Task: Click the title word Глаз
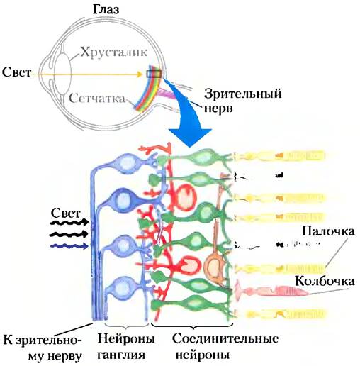pyautogui.click(x=106, y=10)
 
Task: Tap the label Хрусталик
pyautogui.click(x=114, y=52)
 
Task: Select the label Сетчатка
pyautogui.click(x=97, y=98)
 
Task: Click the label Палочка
pyautogui.click(x=328, y=231)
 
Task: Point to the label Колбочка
pyautogui.click(x=325, y=281)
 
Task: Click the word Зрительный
pyautogui.click(x=243, y=94)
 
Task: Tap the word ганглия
pyautogui.click(x=121, y=355)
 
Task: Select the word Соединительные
pyautogui.click(x=225, y=338)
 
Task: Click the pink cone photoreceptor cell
pyautogui.click(x=271, y=291)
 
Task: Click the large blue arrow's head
pyautogui.click(x=190, y=137)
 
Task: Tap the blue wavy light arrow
pyautogui.click(x=69, y=246)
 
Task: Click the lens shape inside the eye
pyautogui.click(x=62, y=74)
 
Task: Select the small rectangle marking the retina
pyautogui.click(x=154, y=74)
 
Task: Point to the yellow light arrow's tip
pyautogui.click(x=142, y=74)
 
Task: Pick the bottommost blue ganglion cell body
pyautogui.click(x=121, y=288)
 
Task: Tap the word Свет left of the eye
pyautogui.click(x=16, y=72)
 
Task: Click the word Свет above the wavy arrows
pyautogui.click(x=66, y=213)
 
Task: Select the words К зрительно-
pyautogui.click(x=43, y=340)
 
